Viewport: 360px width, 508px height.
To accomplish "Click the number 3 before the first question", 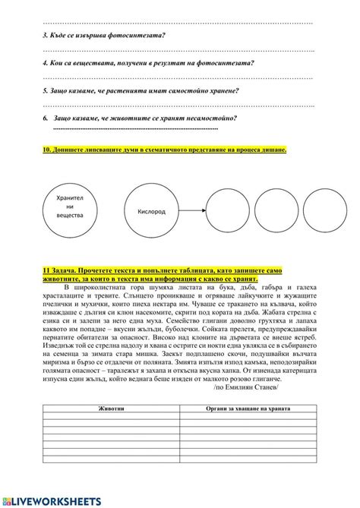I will point(45,36).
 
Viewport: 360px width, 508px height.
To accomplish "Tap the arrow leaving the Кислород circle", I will point(192,212).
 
